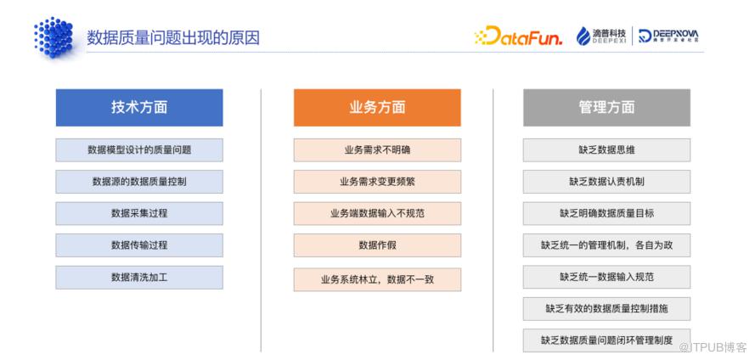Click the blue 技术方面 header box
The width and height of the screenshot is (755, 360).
pos(139,107)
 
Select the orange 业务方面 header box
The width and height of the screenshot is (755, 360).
pos(377,107)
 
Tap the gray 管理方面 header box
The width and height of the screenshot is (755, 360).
pos(606,107)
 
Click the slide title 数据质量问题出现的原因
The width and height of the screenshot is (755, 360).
pos(173,37)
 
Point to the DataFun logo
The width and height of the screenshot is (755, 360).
pos(518,36)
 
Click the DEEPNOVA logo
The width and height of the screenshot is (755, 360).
pos(668,36)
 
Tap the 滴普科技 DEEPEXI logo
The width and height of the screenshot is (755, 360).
pos(601,36)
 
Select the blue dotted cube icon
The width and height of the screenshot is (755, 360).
pos(54,37)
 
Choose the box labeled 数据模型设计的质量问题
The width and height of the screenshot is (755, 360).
pos(139,149)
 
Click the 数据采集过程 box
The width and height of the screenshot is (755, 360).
pos(139,213)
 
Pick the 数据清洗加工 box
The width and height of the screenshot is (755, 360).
pos(139,278)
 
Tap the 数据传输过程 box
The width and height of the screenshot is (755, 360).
pos(139,245)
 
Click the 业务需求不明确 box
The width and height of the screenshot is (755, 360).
pos(377,149)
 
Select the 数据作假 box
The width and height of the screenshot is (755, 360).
pos(377,245)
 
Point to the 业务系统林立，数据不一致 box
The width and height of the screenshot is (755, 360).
pos(377,279)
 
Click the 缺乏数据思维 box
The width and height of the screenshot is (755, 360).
pos(606,149)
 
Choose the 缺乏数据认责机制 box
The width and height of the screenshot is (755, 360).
pos(606,182)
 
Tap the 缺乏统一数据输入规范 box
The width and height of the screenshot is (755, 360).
pos(606,277)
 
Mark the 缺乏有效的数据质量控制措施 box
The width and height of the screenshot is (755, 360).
pos(606,308)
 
